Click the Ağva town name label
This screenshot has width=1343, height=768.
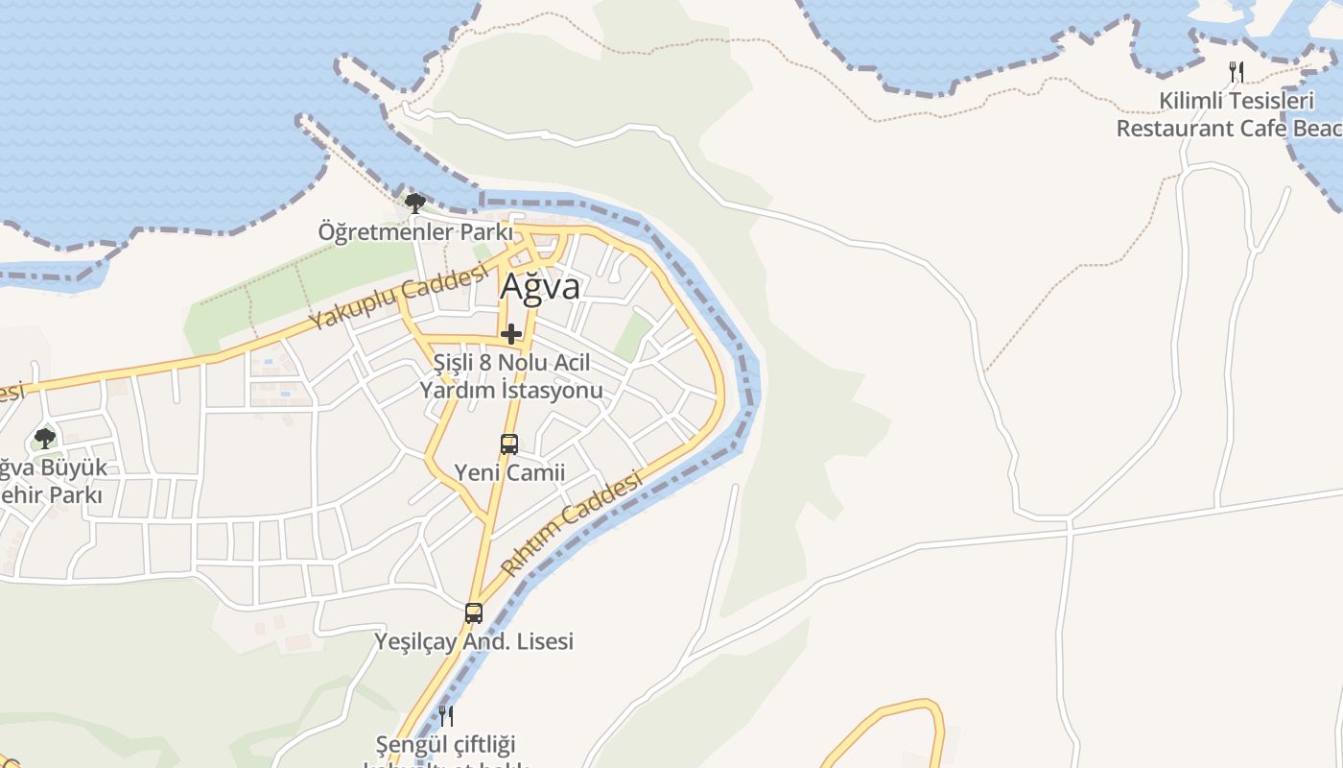[540, 287]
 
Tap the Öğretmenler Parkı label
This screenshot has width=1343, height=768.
[415, 232]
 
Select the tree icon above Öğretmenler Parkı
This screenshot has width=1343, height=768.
[415, 204]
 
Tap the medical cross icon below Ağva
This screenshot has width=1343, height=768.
[511, 334]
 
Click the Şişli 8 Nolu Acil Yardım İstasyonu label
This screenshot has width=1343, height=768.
[511, 376]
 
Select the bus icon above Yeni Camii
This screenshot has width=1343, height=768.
[509, 444]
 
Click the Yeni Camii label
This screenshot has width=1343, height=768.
[509, 472]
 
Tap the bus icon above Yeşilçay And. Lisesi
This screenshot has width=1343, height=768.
[474, 613]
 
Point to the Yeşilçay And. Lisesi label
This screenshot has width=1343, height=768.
[474, 641]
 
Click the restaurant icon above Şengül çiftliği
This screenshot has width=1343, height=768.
[446, 715]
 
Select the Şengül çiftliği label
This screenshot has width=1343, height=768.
[446, 744]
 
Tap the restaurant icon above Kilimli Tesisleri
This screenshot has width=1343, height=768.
[1237, 71]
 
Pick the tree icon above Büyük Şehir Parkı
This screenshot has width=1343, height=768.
[44, 440]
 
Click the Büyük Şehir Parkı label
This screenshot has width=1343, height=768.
[53, 482]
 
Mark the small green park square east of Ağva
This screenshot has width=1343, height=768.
[633, 337]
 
